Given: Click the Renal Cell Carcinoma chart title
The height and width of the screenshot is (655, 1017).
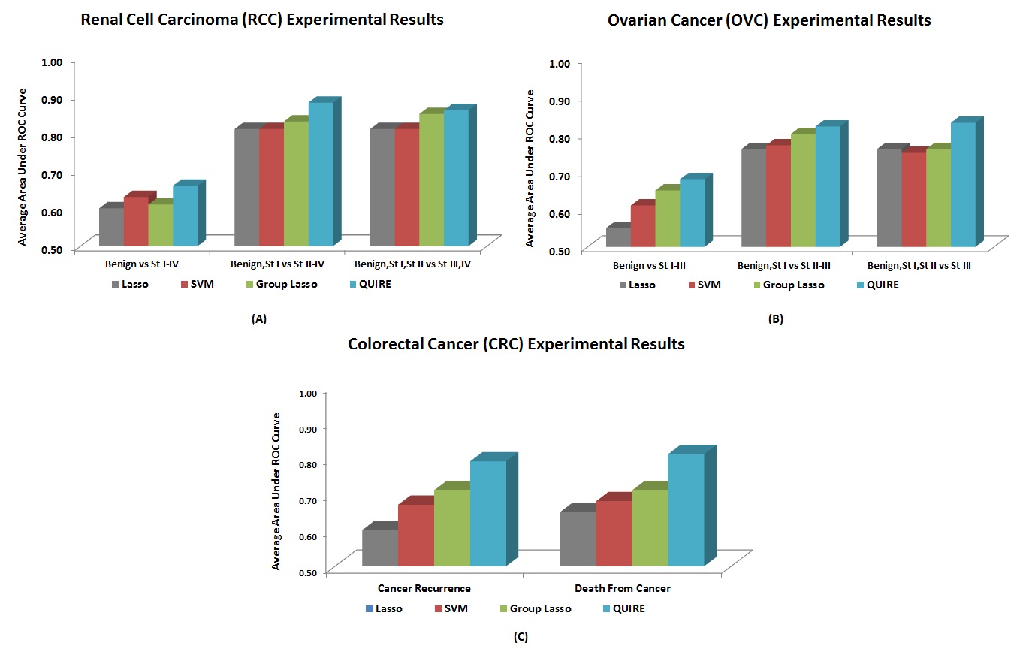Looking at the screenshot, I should point(262,20).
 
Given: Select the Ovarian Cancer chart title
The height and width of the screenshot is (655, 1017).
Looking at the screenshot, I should point(769,21).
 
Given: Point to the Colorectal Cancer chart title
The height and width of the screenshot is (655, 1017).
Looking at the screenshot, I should point(516,345).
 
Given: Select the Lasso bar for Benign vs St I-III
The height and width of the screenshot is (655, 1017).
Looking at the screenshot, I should point(618,237).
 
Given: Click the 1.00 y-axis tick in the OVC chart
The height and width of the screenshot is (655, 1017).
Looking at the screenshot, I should point(560,62).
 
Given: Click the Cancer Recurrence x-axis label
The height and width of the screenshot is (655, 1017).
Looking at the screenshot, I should point(424,588).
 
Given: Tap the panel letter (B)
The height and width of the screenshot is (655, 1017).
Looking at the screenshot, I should point(776,319).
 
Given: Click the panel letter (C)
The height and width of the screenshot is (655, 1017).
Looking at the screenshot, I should point(521,637).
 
